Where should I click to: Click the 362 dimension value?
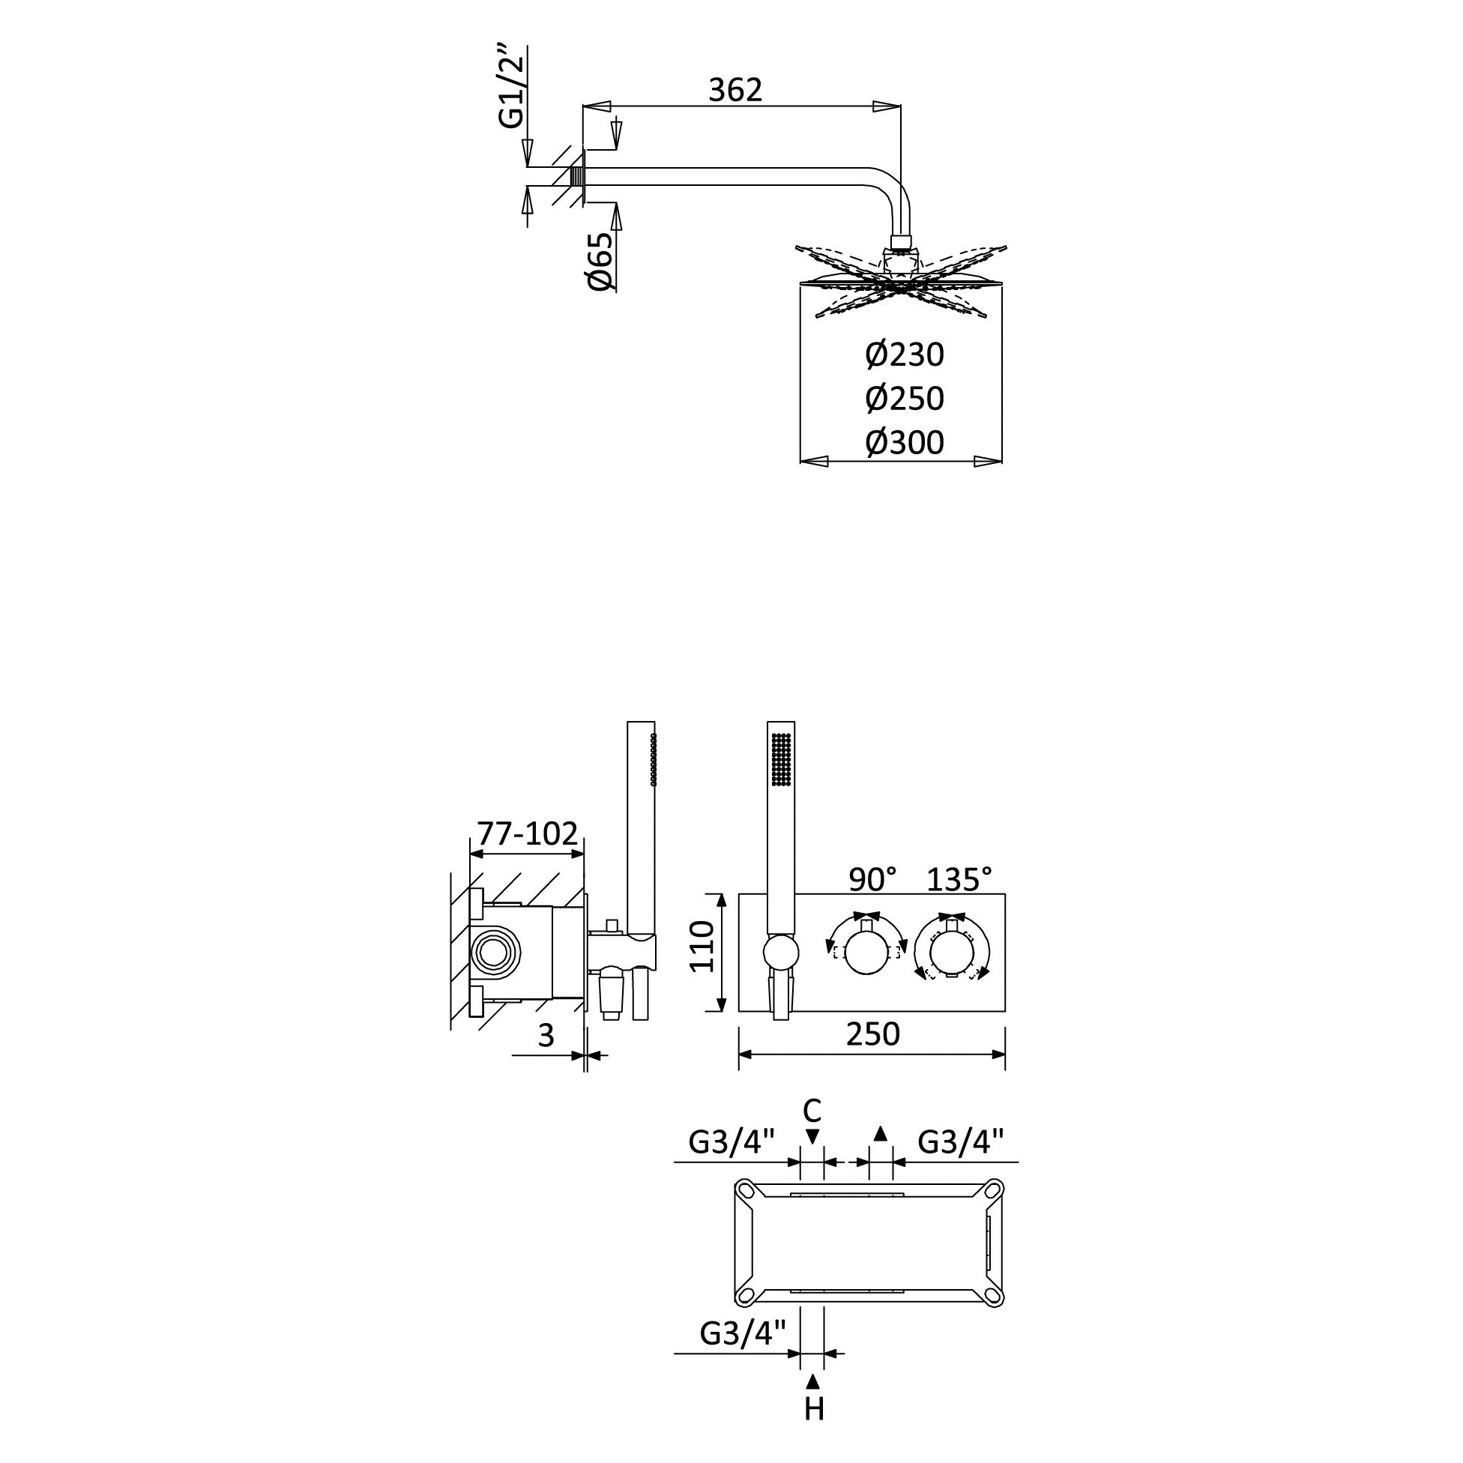click(x=734, y=90)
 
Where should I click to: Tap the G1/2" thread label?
click(x=511, y=86)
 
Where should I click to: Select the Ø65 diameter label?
click(x=600, y=262)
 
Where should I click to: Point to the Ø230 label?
click(x=905, y=355)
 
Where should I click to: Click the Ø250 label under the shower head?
click(x=905, y=398)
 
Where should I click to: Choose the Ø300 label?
click(x=905, y=442)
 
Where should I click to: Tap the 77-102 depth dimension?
click(x=527, y=833)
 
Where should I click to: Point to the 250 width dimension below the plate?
click(x=873, y=1034)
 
